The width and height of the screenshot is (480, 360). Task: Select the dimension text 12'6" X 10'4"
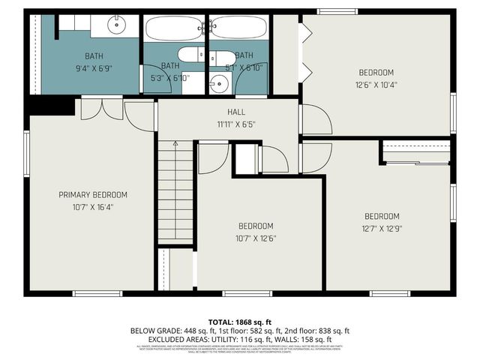(x=376, y=85)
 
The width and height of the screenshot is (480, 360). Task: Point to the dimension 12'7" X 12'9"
(x=382, y=229)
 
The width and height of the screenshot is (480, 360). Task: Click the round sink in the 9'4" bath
(x=118, y=25)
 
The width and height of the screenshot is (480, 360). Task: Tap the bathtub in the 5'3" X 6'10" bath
(x=175, y=28)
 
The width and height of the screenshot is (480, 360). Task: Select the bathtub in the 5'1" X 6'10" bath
(x=238, y=28)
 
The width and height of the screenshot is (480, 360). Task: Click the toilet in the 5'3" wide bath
(x=188, y=54)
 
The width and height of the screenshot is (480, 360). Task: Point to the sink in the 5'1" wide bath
(x=218, y=83)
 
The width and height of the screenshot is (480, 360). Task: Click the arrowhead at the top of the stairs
(x=175, y=142)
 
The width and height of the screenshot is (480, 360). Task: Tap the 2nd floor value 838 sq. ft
(x=330, y=330)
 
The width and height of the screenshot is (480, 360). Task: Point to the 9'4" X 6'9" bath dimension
(x=94, y=67)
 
